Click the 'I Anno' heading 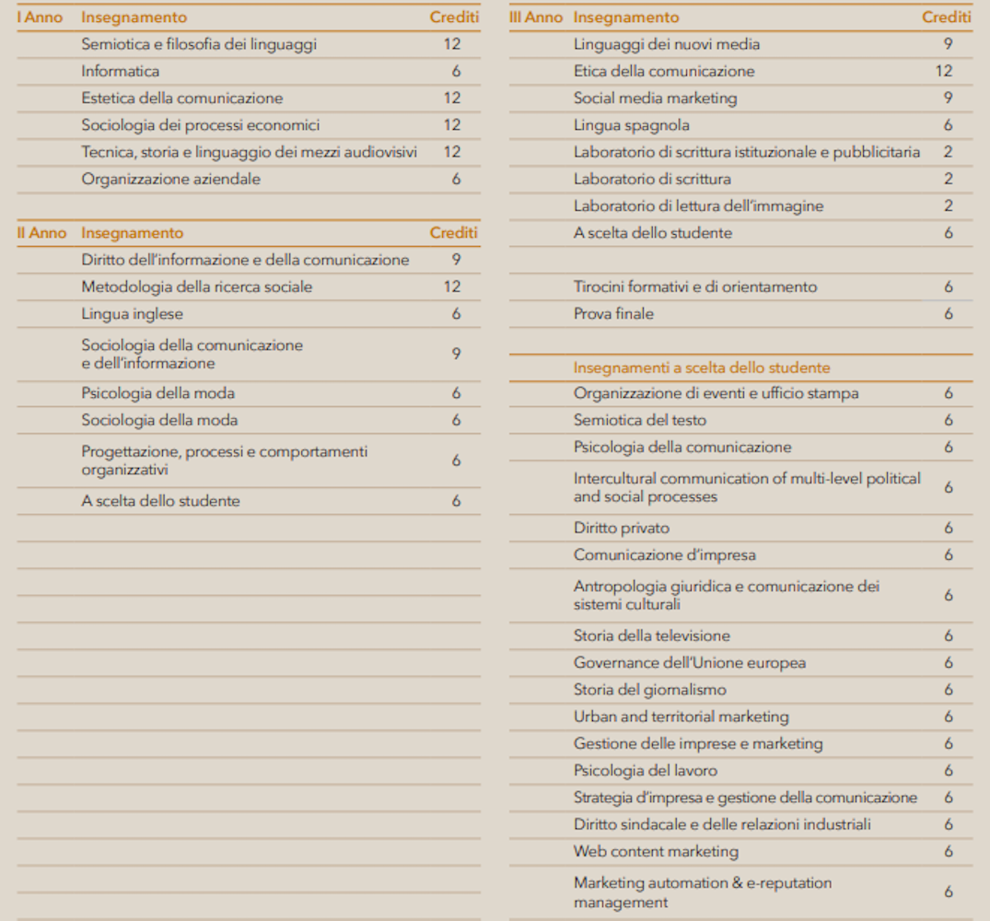pos(40,17)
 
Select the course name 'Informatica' pos(120,71)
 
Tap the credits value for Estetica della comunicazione pos(451,98)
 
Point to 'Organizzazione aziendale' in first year pos(170,179)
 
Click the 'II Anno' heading pos(41,233)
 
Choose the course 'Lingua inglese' pos(132,314)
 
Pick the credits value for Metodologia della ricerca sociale pos(451,286)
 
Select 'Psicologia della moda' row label pos(157,393)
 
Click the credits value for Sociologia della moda pos(456,420)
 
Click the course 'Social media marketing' pos(655,98)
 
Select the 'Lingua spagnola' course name pos(631,125)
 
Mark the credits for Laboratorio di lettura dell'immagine pos(948,205)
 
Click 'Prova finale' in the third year pos(613,313)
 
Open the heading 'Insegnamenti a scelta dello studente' pos(702,367)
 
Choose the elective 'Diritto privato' pos(621,528)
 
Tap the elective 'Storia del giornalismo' pos(649,689)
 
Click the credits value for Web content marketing pos(948,851)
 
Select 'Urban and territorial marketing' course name pos(681,716)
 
